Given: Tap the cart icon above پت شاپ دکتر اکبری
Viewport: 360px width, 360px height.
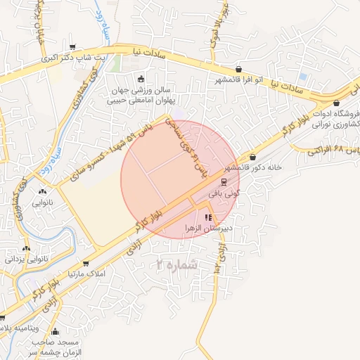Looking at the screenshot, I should [72, 47].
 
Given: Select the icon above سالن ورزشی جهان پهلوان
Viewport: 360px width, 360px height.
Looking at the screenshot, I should [141, 79].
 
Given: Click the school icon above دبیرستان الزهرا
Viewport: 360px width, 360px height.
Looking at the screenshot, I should [207, 217].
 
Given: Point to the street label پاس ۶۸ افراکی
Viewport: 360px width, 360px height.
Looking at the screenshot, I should [330, 150].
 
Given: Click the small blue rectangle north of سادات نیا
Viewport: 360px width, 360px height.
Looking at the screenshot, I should [302, 76].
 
